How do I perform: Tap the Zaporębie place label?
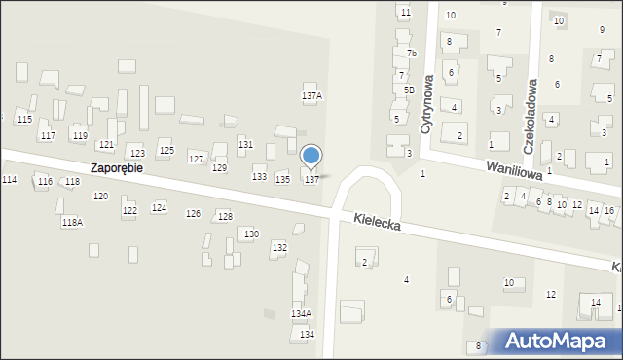click(x=117, y=167)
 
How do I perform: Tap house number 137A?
click(x=311, y=96)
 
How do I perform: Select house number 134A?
click(x=301, y=313)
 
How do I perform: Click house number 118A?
click(x=72, y=223)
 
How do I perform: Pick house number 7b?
click(x=412, y=54)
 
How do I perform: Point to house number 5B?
click(x=409, y=90)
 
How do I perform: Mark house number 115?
click(x=24, y=119)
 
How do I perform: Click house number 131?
click(x=245, y=144)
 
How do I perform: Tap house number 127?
click(x=196, y=159)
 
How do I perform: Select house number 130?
click(x=251, y=234)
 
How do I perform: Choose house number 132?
click(x=279, y=248)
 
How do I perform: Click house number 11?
click(x=405, y=12)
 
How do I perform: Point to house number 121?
click(x=106, y=144)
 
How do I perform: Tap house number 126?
click(x=193, y=213)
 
